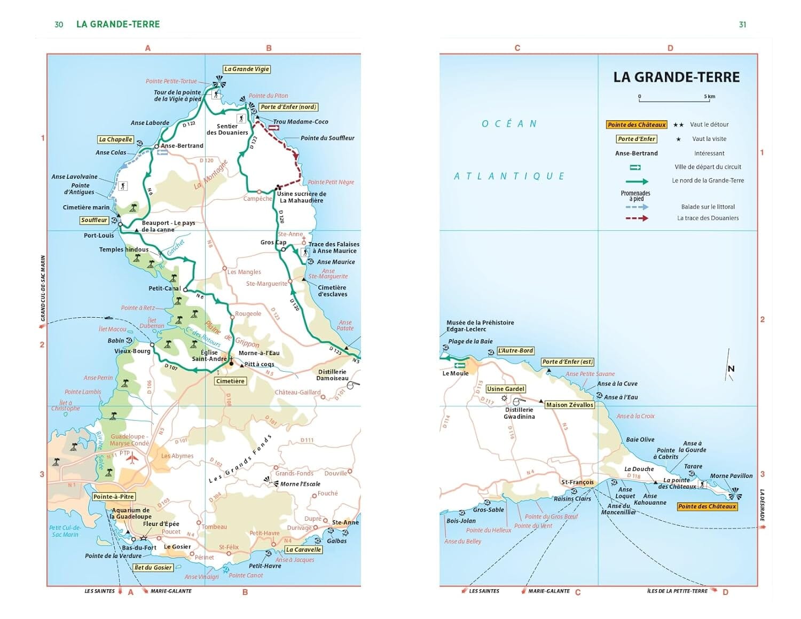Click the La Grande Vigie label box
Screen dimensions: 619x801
point(247,69)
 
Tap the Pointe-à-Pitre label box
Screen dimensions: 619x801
point(113,497)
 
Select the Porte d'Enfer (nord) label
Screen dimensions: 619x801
point(288,107)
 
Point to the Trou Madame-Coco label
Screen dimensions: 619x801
point(301,122)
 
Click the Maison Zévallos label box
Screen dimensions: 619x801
point(569,405)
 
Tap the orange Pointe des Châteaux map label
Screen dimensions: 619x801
point(707,506)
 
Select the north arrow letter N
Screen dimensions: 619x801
point(731,369)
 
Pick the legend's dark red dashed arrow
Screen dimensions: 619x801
point(637,218)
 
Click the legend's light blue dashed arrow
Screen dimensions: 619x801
point(637,207)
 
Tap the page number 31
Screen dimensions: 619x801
point(742,25)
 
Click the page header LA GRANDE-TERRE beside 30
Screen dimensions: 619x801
point(118,24)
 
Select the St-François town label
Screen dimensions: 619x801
point(577,482)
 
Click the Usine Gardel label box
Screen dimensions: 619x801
point(506,389)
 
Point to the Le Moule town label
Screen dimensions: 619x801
point(456,373)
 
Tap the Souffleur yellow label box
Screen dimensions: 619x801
point(94,220)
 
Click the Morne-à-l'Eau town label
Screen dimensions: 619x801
point(259,353)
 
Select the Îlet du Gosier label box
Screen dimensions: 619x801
point(153,568)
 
